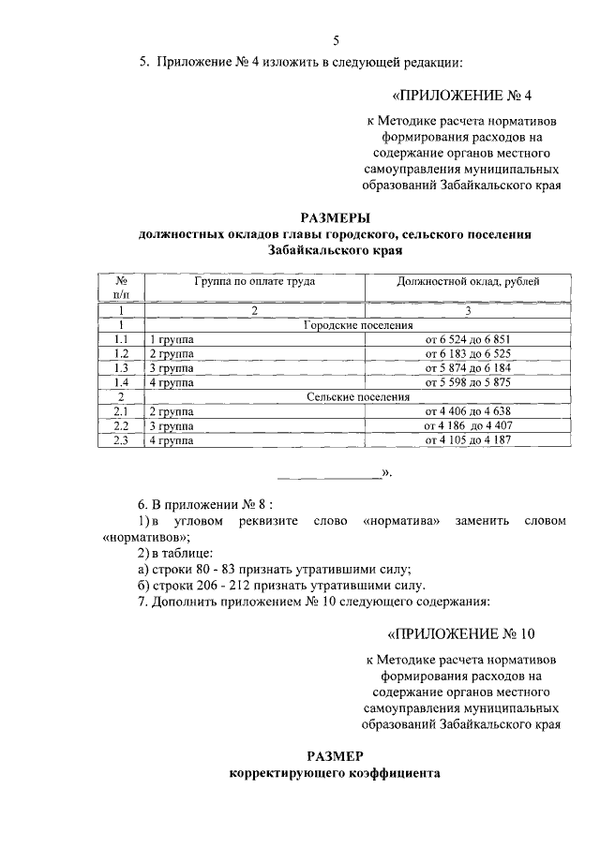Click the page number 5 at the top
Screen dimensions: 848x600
[x=336, y=39]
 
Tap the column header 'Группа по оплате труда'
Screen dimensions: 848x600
[x=254, y=280]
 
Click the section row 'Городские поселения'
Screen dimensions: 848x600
[x=359, y=324]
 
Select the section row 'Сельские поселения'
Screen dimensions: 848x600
[x=359, y=397]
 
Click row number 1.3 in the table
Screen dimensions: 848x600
[x=121, y=367]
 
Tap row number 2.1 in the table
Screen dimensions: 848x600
[x=121, y=411]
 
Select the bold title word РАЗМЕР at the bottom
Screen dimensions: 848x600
[x=335, y=756]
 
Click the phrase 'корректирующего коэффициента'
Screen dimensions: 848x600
[x=335, y=774]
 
